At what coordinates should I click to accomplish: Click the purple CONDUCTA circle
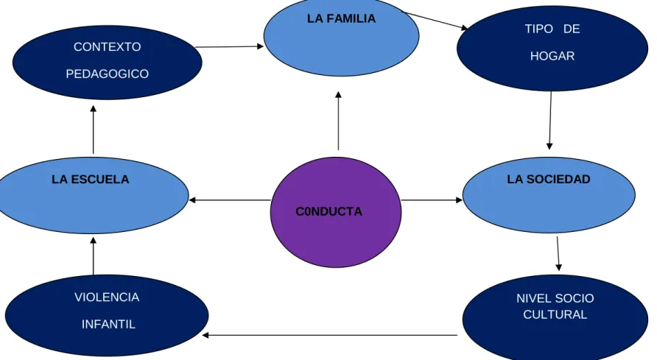pyautogui.click(x=336, y=212)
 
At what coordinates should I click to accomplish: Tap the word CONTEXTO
pyautogui.click(x=108, y=47)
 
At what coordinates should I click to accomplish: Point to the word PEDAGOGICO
pyautogui.click(x=108, y=74)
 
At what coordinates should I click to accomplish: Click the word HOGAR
pyautogui.click(x=552, y=56)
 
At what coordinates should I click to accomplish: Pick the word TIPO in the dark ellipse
pyautogui.click(x=539, y=29)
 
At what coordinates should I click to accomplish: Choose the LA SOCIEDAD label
pyautogui.click(x=549, y=179)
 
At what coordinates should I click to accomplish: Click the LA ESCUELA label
pyautogui.click(x=90, y=180)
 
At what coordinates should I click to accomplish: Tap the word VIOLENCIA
pyautogui.click(x=107, y=297)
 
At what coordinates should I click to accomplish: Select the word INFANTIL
pyautogui.click(x=108, y=325)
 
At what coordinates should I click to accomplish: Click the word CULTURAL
pyautogui.click(x=555, y=315)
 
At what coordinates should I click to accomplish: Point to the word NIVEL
pyautogui.click(x=532, y=298)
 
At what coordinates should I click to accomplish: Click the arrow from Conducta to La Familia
pyautogui.click(x=338, y=121)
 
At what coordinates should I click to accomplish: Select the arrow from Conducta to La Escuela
pyautogui.click(x=230, y=200)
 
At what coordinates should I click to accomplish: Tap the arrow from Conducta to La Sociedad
pyautogui.click(x=432, y=200)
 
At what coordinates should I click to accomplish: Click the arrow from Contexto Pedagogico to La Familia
pyautogui.click(x=229, y=47)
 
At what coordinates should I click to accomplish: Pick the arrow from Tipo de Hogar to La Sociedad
pyautogui.click(x=550, y=121)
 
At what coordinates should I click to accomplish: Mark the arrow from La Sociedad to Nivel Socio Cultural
pyautogui.click(x=558, y=254)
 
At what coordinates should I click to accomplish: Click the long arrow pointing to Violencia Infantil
pyautogui.click(x=330, y=335)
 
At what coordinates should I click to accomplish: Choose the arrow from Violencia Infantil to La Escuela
pyautogui.click(x=93, y=255)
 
